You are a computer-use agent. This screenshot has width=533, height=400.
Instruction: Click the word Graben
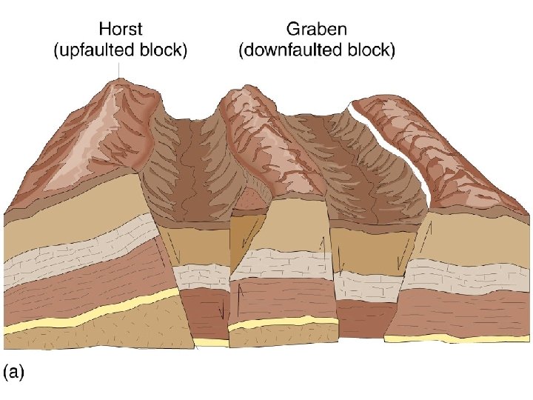pos(316,30)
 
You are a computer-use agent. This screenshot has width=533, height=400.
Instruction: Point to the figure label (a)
pos(15,373)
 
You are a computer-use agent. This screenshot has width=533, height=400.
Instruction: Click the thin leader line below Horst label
pos(120,68)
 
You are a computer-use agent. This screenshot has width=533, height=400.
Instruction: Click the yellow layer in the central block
pos(281,323)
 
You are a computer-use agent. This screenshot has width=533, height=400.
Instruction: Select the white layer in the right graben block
pos(366,283)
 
